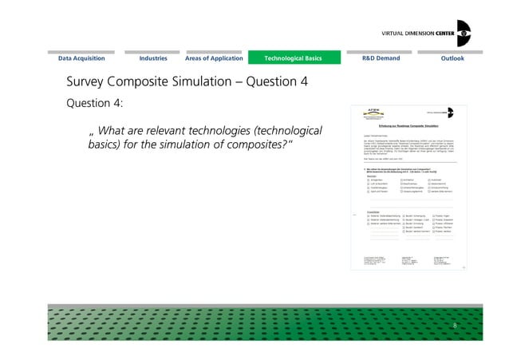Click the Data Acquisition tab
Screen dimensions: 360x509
(86, 58)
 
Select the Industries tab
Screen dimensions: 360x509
(153, 58)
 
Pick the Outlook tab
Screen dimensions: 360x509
(452, 58)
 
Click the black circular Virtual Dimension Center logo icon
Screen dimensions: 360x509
(462, 33)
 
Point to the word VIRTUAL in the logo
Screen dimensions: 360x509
(385, 33)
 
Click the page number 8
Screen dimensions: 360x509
(455, 326)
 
